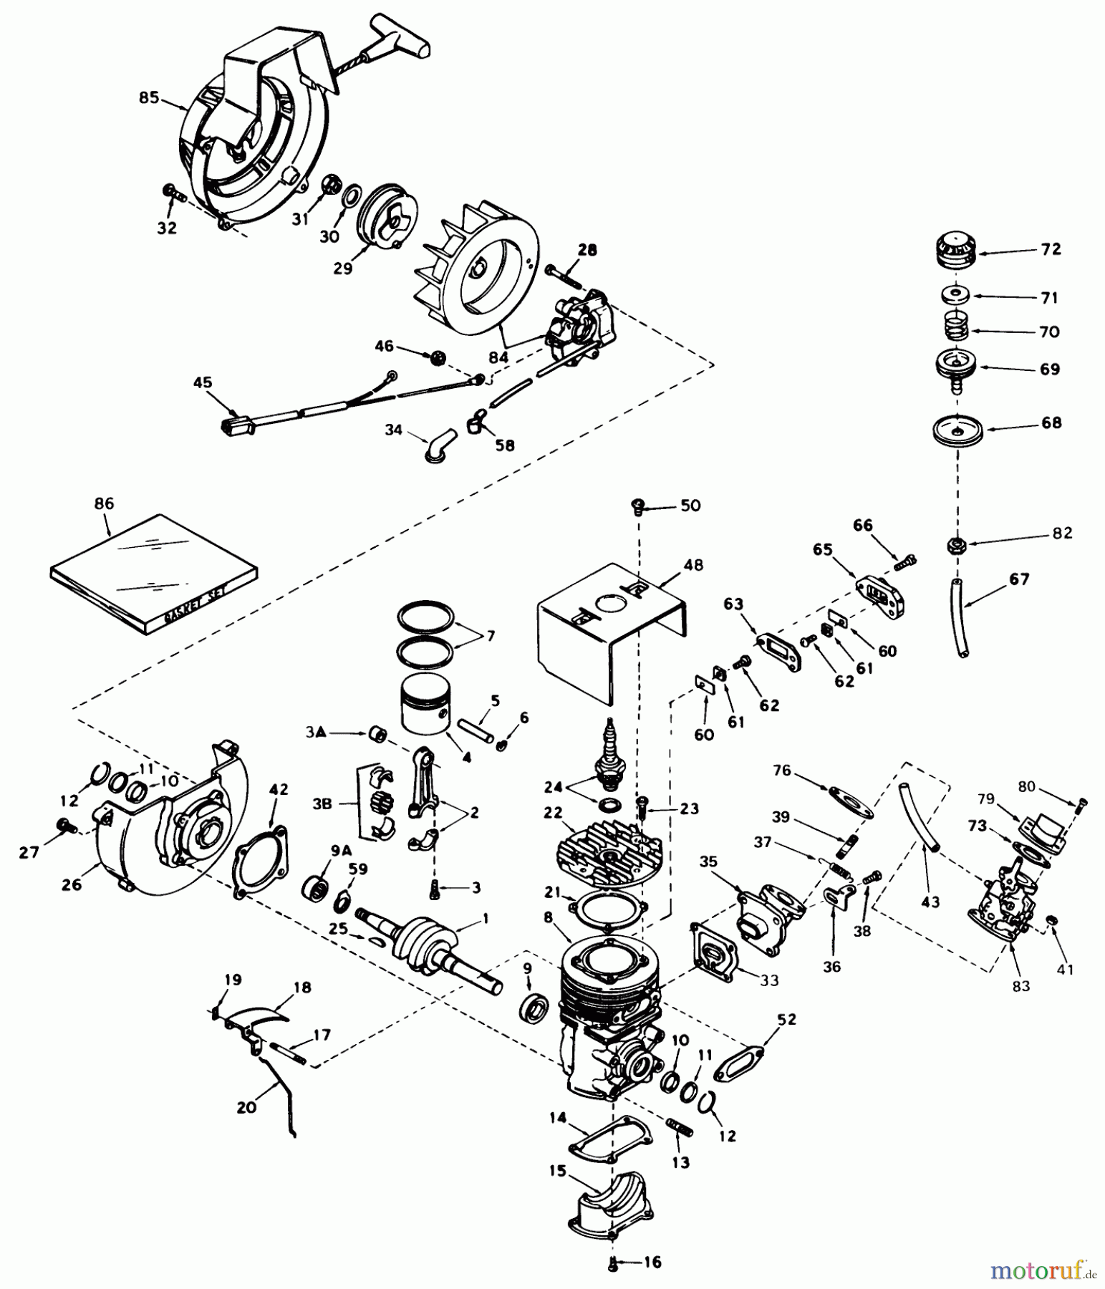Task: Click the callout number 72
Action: (1051, 250)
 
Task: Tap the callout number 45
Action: (203, 382)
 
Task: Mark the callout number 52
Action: (786, 1019)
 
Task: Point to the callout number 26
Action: (71, 885)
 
